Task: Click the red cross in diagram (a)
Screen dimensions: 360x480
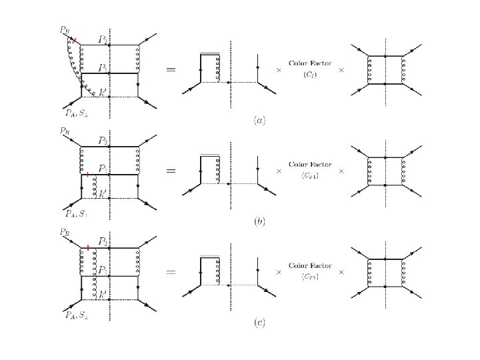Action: coord(75,41)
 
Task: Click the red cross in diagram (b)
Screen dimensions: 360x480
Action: coord(87,174)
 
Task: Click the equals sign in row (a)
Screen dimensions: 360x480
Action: coord(171,69)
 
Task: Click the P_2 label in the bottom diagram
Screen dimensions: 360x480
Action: coord(104,241)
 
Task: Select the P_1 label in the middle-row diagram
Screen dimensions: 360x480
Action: coord(103,169)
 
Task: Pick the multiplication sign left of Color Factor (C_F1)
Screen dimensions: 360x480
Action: coord(279,171)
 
